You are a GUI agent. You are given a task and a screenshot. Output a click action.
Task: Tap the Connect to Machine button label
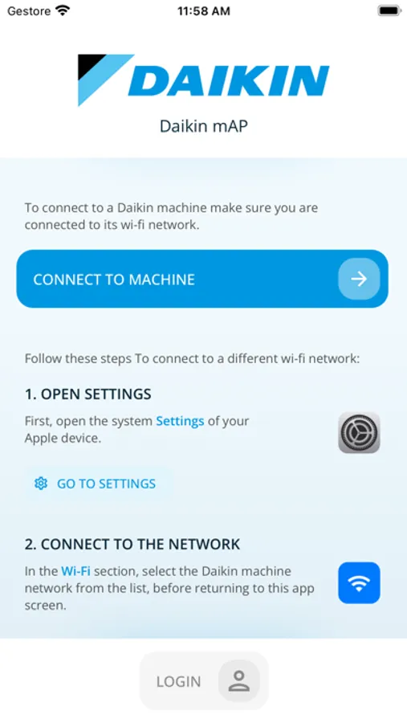click(x=114, y=280)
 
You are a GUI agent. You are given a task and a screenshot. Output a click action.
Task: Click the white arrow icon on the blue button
click(x=359, y=279)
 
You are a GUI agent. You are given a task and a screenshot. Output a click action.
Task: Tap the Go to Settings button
click(x=98, y=484)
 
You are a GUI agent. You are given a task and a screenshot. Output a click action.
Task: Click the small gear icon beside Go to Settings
click(x=41, y=484)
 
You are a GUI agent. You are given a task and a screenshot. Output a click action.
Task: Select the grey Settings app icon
click(x=359, y=432)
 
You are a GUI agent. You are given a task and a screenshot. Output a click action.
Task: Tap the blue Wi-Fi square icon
click(x=359, y=583)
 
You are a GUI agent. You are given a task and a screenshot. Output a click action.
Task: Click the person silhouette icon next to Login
click(x=238, y=681)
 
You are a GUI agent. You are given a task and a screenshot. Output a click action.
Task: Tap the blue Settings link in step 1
click(x=180, y=421)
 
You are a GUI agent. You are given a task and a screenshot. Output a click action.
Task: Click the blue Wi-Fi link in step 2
click(x=75, y=572)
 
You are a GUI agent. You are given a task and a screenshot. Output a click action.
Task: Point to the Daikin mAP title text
click(x=203, y=126)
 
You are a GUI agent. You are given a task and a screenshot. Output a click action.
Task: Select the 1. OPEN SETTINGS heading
click(x=88, y=394)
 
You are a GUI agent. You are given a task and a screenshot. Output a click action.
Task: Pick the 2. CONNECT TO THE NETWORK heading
click(x=132, y=544)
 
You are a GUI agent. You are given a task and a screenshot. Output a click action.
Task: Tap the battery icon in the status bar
click(x=389, y=11)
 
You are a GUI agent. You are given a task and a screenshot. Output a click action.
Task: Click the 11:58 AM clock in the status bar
click(x=203, y=11)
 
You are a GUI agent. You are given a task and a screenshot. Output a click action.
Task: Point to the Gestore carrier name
click(x=29, y=11)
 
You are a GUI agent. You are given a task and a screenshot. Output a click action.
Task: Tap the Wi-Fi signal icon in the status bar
click(x=63, y=10)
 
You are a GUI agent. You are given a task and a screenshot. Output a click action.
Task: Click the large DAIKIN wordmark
click(x=229, y=80)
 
